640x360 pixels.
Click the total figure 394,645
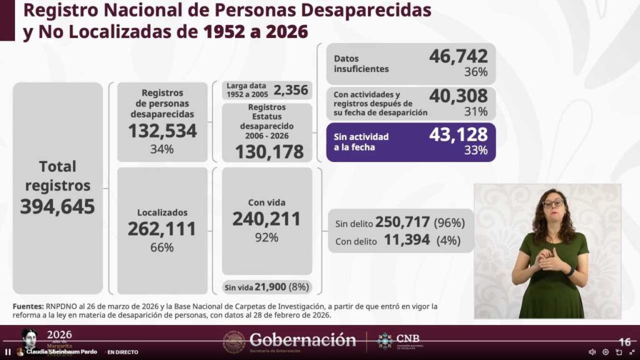point(57,206)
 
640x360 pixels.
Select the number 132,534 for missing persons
point(162,131)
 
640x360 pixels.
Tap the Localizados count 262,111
point(162,229)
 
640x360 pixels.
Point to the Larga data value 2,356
point(291,90)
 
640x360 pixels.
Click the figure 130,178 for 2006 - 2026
point(269,151)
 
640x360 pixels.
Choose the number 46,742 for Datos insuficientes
point(458,56)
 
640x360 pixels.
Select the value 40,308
point(458,96)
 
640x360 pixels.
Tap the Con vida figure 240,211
point(267,219)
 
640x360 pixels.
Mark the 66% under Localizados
point(162,247)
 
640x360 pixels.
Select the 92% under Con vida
point(267,237)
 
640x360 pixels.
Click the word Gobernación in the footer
point(302,340)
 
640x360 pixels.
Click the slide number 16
point(624,342)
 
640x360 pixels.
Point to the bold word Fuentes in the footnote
point(27,306)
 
